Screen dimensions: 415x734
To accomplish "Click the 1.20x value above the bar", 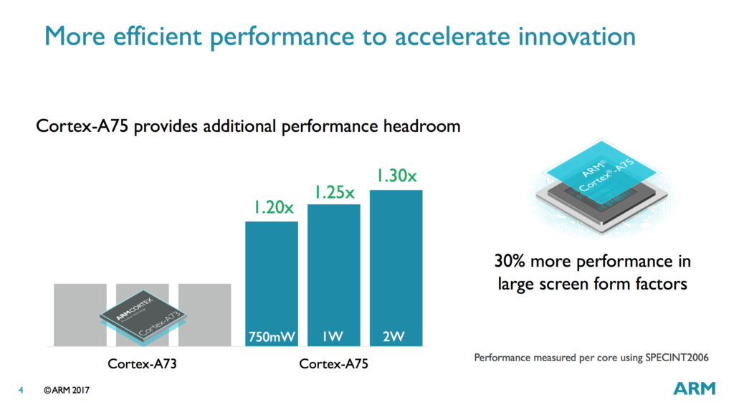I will [272, 209].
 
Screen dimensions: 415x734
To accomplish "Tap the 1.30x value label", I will [395, 176].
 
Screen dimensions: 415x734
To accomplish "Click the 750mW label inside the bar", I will [272, 336].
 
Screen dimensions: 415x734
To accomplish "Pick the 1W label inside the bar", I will [333, 336].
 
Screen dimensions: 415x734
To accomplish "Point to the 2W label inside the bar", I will [395, 336].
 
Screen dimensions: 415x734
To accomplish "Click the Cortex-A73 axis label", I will [142, 363].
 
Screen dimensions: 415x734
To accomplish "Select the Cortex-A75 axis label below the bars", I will [333, 363].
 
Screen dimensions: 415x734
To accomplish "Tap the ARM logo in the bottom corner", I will [694, 388].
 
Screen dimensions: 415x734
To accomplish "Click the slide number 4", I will [21, 391].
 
